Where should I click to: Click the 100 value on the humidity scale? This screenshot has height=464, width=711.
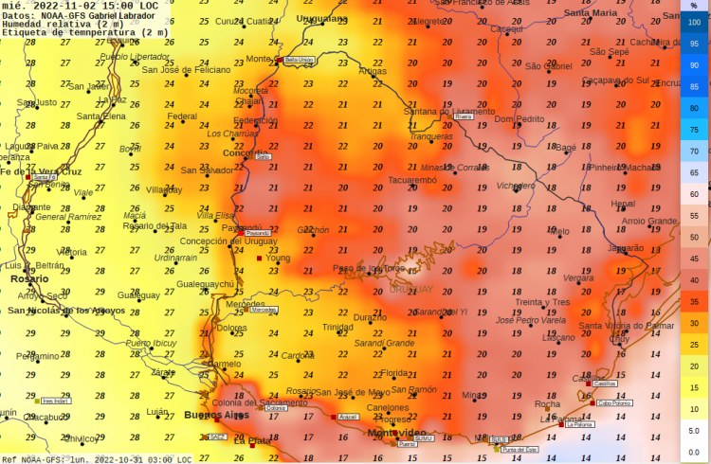[x=694, y=22]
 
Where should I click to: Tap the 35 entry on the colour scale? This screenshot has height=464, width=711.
[x=694, y=301]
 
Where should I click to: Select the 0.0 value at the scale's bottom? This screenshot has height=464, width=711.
[x=694, y=452]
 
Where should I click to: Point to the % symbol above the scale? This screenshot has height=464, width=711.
[x=694, y=5]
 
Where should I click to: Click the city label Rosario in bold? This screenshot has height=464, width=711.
[x=29, y=279]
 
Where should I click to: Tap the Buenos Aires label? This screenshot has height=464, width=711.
[x=215, y=416]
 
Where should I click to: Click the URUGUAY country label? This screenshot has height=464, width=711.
[x=410, y=289]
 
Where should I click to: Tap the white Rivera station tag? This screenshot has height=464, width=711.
[x=464, y=116]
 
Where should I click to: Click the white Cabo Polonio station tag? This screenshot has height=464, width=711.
[x=614, y=402]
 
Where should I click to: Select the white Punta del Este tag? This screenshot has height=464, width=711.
[x=520, y=449]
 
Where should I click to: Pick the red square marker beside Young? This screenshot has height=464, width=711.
[x=260, y=258]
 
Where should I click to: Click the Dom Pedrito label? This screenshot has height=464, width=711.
[x=520, y=119]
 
